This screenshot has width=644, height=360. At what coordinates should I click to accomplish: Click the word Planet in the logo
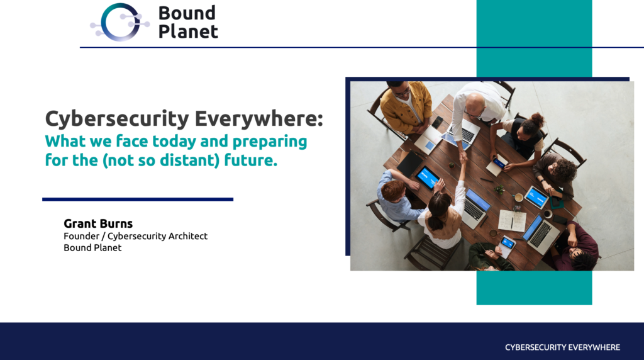click(188, 31)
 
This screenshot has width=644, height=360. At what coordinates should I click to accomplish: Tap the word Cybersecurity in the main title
click(117, 119)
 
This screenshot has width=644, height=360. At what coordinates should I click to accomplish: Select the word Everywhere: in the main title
click(258, 118)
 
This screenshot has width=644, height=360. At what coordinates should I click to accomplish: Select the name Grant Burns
click(98, 223)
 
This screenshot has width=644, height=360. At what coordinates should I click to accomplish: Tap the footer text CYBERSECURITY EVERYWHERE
click(562, 347)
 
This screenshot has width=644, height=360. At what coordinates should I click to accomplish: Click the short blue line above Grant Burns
click(138, 200)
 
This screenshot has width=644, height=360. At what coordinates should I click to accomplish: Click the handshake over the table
click(464, 157)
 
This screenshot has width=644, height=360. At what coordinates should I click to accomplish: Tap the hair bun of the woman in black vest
click(537, 120)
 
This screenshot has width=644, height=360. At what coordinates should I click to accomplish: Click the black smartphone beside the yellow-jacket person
click(438, 122)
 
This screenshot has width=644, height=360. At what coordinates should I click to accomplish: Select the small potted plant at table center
click(499, 190)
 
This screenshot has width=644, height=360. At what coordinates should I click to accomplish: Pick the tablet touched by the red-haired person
click(428, 178)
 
